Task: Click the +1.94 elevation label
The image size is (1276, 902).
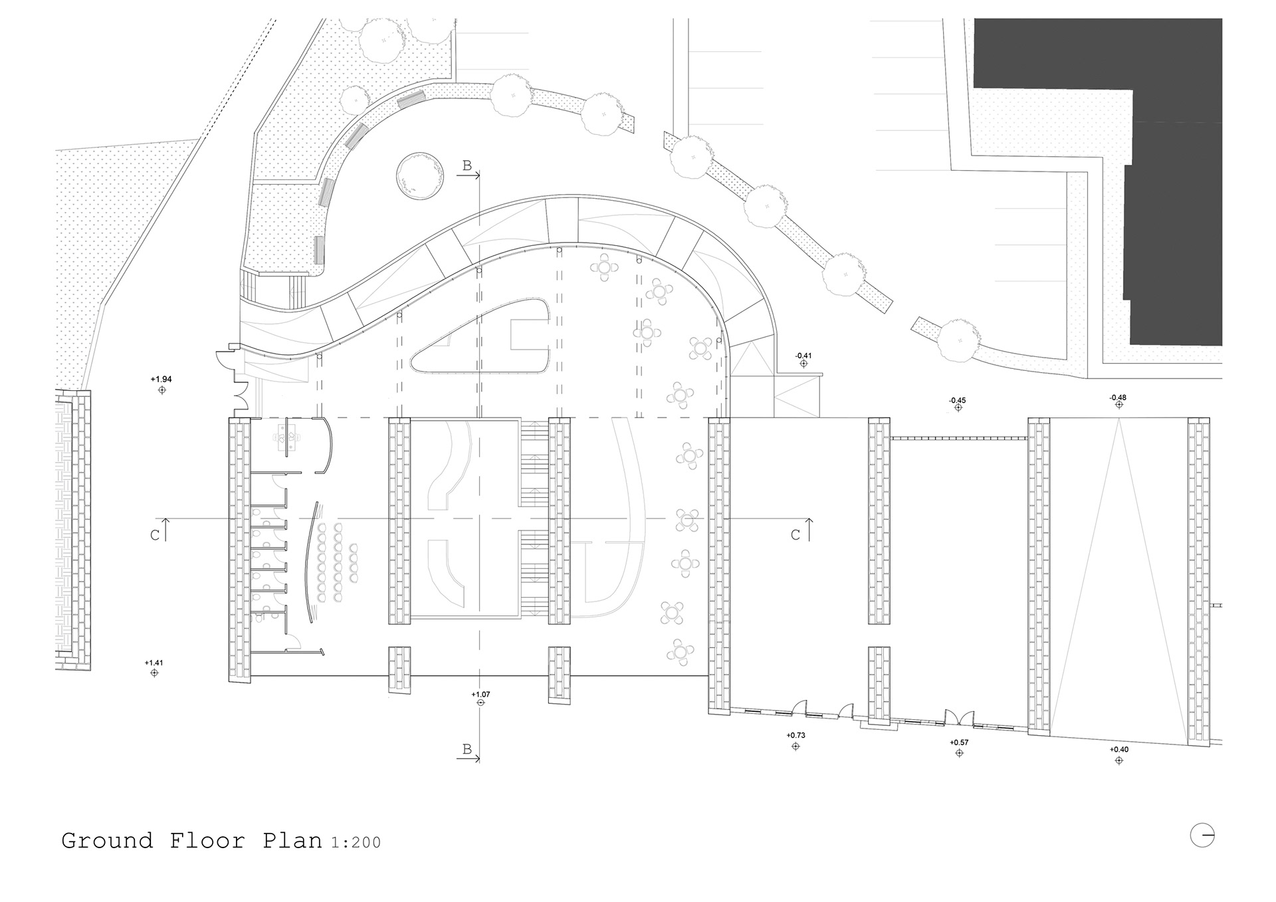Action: point(161,380)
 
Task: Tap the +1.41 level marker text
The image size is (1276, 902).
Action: point(154,663)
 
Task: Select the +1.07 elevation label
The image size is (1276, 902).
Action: point(480,695)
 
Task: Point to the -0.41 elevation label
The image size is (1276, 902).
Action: point(803,356)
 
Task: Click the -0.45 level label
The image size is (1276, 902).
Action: point(958,400)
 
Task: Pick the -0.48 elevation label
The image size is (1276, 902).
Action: point(1118,398)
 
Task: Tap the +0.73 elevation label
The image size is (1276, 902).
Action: point(796,736)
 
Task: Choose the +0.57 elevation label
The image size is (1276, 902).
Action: point(959,742)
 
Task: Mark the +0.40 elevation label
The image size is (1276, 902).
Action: point(1119,750)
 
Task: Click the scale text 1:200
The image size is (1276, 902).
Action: point(356,842)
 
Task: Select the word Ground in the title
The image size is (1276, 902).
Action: point(107,841)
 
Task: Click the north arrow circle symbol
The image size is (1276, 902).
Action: point(1202,835)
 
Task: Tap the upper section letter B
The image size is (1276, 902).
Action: point(467,166)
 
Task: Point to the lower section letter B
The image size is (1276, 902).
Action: point(467,750)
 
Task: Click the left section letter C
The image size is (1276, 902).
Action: point(155,535)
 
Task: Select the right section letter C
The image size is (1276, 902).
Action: point(796,535)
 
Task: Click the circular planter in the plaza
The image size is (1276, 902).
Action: point(420,175)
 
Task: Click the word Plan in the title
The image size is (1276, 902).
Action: point(292,841)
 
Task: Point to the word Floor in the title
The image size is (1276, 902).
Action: point(208,841)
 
